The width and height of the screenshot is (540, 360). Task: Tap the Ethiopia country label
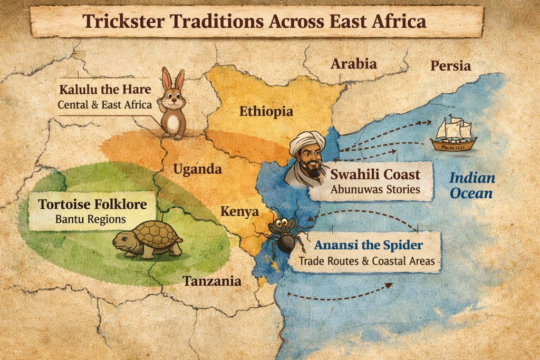(x=266, y=111)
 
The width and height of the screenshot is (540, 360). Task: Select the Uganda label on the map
(x=197, y=169)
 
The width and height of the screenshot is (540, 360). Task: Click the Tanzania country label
(x=212, y=281)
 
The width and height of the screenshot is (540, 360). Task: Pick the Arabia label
(x=353, y=64)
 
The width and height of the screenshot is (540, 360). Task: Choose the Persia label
(x=450, y=66)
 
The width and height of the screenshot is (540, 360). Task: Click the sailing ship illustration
(x=453, y=134)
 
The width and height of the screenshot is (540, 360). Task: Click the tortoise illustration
(x=148, y=239)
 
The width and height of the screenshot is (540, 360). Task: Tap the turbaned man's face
(x=309, y=160)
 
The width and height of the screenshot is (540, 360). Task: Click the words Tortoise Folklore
(x=92, y=204)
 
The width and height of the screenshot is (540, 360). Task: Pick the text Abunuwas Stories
(x=375, y=189)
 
